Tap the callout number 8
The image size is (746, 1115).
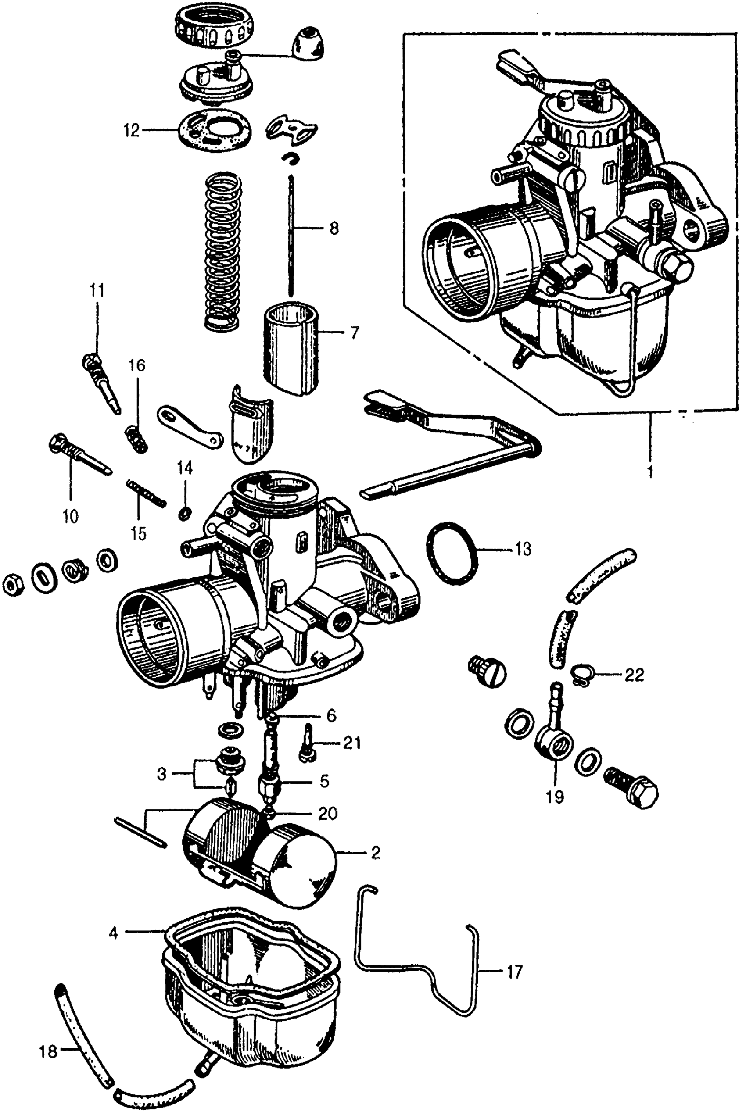[334, 229]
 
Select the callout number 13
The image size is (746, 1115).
[522, 549]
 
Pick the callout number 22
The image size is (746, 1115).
[634, 675]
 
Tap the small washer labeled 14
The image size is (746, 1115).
[185, 513]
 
